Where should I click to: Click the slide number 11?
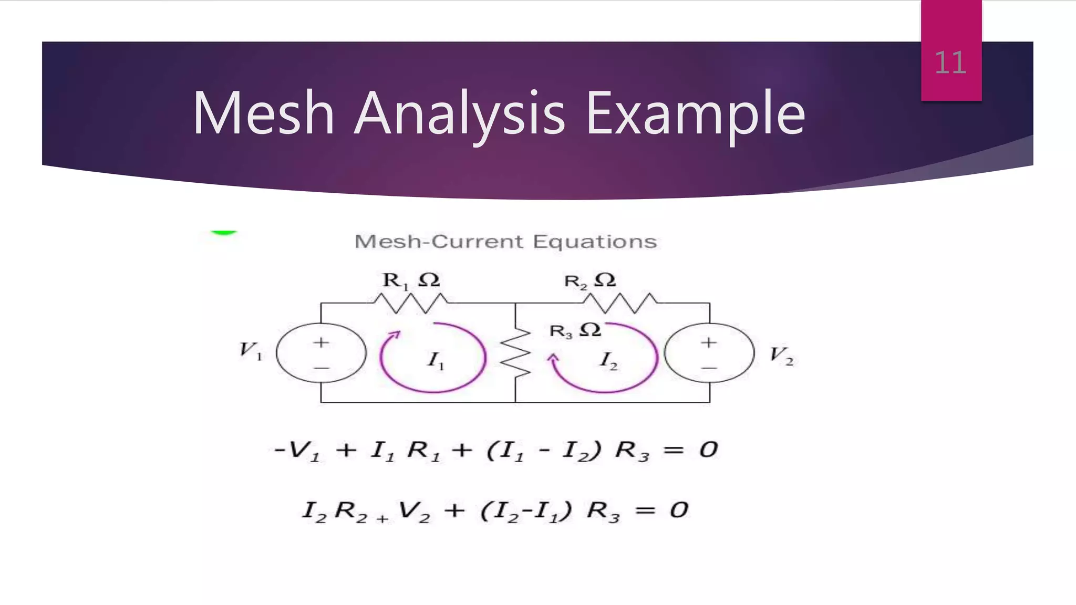tap(950, 63)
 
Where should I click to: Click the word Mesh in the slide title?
tap(263, 113)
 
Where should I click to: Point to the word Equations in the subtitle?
tap(595, 242)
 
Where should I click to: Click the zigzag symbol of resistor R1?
tap(410, 303)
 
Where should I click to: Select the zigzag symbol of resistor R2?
tap(620, 303)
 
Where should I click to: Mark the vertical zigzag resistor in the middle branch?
tap(515, 352)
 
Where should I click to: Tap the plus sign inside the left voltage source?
tap(321, 342)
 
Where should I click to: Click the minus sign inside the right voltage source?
tap(709, 368)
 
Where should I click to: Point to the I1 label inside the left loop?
tap(436, 361)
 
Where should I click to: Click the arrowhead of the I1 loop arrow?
tap(395, 335)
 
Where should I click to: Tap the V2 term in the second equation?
tap(414, 511)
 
